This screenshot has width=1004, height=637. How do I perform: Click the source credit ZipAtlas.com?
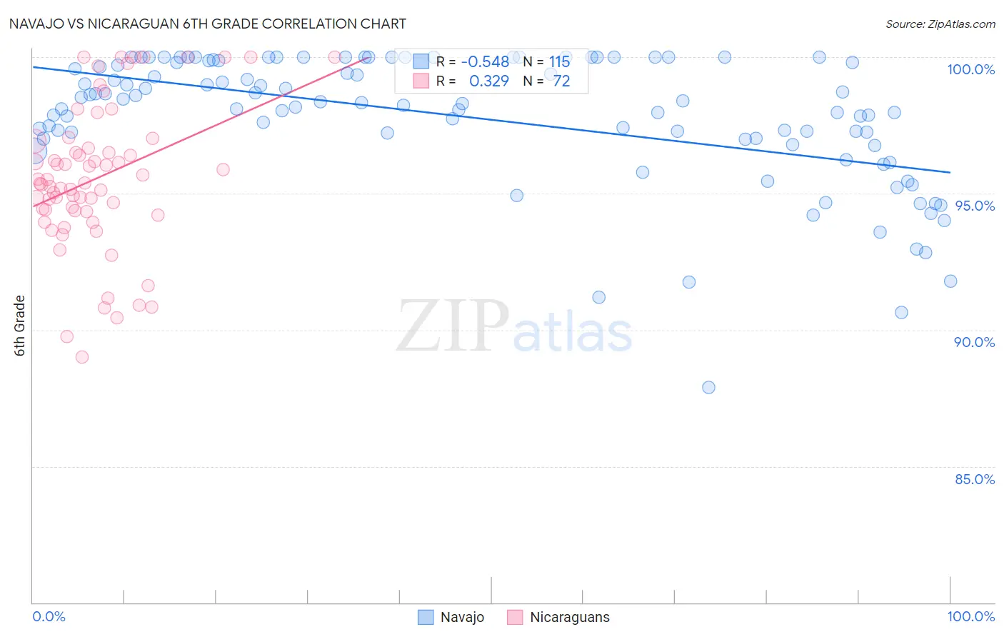(x=940, y=24)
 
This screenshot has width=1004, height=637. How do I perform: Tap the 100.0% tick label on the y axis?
(x=970, y=69)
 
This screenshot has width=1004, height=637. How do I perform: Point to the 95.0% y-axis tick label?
(x=974, y=206)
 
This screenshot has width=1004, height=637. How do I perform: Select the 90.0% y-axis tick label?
(x=974, y=342)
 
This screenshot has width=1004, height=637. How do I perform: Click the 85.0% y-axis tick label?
(x=974, y=479)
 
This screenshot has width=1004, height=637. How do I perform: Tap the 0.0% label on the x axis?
(x=49, y=616)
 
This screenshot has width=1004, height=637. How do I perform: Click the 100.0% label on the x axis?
(x=970, y=616)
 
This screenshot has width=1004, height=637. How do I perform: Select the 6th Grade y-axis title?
(x=20, y=325)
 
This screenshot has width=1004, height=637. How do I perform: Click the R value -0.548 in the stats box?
(x=485, y=61)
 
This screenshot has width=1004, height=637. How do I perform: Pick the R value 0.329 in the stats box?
(x=489, y=81)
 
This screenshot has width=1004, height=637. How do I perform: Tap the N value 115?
(x=560, y=61)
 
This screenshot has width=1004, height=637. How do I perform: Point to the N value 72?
(x=562, y=81)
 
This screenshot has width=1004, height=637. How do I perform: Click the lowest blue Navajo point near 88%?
(x=708, y=387)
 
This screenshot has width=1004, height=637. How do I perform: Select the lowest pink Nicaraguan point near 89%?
(x=82, y=357)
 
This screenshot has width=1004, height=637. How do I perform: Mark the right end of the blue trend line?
(x=950, y=172)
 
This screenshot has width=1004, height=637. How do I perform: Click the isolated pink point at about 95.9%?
(x=223, y=169)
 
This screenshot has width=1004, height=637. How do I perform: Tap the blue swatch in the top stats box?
(x=421, y=61)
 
